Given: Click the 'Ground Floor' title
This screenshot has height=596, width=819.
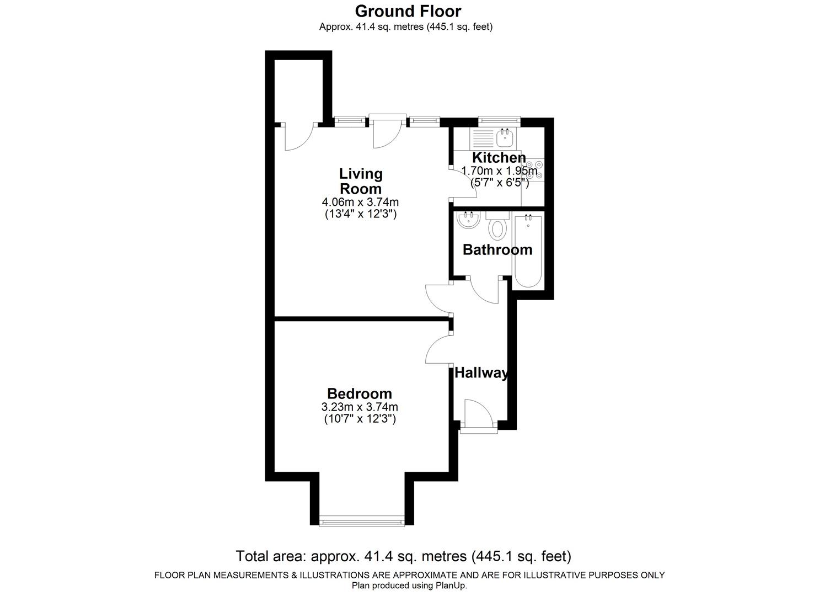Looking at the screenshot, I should tap(408, 11).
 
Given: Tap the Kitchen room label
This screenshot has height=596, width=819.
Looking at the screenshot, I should tap(499, 157).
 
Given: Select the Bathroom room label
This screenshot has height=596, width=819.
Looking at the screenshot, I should tap(497, 249).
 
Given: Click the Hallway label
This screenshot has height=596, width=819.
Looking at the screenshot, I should tap(481, 373).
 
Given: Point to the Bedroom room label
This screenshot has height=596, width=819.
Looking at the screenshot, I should tap(360, 393).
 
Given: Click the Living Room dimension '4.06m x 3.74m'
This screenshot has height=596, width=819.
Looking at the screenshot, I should tap(360, 202).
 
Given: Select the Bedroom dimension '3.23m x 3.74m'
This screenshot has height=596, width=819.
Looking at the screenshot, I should tap(360, 407).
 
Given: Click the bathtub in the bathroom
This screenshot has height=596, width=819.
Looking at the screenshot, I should tap(528, 251).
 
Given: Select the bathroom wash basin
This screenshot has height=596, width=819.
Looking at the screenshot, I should tap(469, 220).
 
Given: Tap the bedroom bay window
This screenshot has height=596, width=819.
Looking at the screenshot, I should tap(362, 519).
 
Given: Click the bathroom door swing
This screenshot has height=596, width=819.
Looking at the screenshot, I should tap(485, 290).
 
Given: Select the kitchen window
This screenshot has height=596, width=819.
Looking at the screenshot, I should tap(499, 119).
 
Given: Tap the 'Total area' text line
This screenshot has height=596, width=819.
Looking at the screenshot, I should tap(403, 556).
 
